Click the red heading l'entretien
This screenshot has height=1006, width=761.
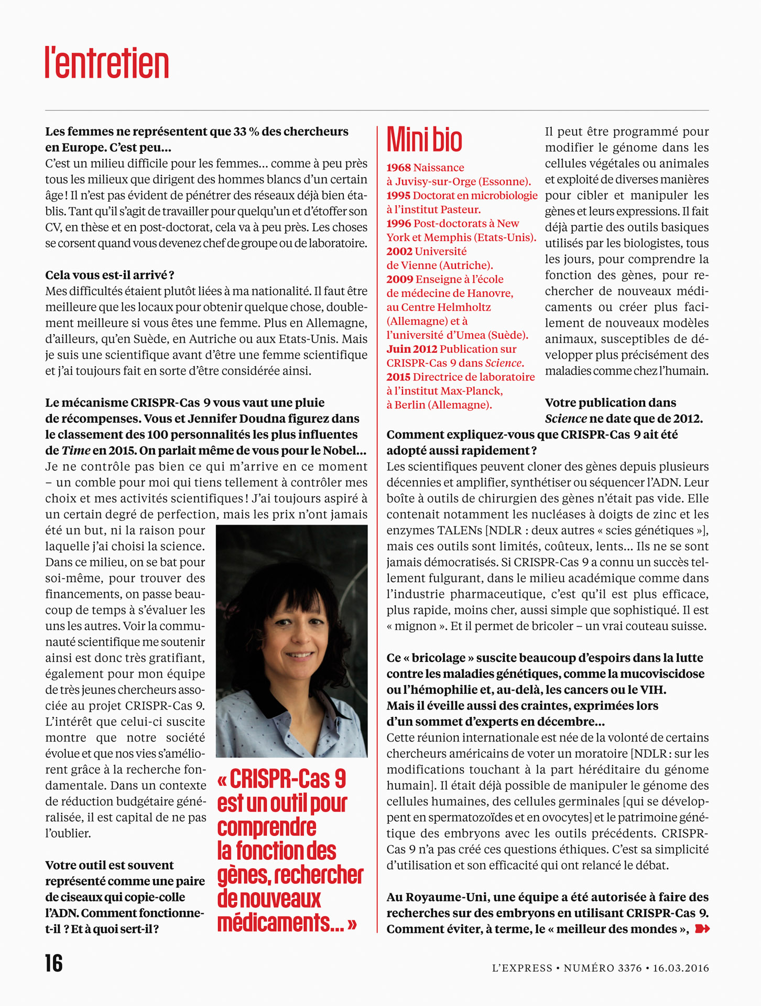pos(107,63)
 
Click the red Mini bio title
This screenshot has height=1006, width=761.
pos(424,140)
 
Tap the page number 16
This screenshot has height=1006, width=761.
pos(53,963)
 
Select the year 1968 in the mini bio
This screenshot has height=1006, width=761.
pos(398,168)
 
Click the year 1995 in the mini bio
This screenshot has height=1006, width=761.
pos(398,195)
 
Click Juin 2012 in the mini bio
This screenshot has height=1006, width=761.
pos(411,349)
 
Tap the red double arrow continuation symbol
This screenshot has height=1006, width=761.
pos(702,929)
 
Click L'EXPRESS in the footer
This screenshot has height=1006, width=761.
pos(522,968)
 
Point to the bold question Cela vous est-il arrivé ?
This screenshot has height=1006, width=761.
pos(110,275)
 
